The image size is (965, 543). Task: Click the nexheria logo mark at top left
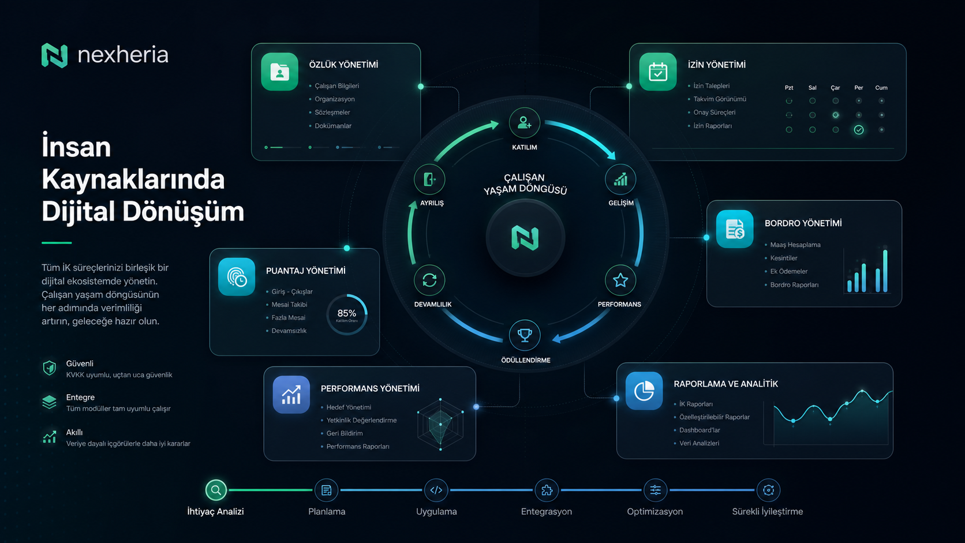pos(54,55)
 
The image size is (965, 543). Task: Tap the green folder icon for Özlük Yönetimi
pos(279,72)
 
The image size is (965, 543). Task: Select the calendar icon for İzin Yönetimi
pos(658,72)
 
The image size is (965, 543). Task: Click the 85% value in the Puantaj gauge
pos(347,313)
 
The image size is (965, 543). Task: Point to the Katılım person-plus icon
pos(524,123)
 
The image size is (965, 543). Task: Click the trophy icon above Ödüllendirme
pos(525,335)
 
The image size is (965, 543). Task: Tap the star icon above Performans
pos(620,280)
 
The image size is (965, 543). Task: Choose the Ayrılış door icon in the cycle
pos(429,179)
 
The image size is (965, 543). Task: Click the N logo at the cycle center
pos(525,237)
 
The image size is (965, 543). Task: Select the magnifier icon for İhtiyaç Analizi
pos(216,490)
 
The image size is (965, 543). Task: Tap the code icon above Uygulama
pos(436,490)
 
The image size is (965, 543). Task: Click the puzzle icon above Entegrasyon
pos(547,490)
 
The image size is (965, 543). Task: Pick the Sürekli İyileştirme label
pos(767,512)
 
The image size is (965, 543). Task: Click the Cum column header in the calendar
pos(881,87)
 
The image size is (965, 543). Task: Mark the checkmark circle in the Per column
pos(859,130)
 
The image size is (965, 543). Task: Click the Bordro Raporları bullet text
pos(794,284)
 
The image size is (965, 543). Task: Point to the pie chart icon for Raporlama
pos(644,391)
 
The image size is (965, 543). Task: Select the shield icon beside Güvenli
pos(49,368)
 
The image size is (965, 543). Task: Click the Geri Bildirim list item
pos(344,433)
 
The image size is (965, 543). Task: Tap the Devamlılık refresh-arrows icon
pos(429,280)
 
